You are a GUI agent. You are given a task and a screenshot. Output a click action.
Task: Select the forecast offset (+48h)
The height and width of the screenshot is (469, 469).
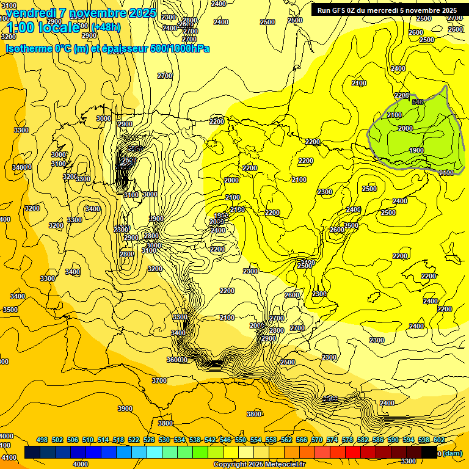106,27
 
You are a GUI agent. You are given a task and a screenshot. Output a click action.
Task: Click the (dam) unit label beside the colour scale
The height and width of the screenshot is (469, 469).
452,454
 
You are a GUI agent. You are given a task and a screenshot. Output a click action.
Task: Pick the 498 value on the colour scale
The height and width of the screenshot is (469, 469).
42,440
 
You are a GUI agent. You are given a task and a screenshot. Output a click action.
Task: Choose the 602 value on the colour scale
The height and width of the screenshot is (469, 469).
439,440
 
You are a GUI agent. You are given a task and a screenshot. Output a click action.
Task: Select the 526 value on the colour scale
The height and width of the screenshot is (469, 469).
149,440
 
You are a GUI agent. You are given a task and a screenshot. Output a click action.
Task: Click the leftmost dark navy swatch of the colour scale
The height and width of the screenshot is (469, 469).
32,453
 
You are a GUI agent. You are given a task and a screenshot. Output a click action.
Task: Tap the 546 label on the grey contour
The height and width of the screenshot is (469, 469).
418,102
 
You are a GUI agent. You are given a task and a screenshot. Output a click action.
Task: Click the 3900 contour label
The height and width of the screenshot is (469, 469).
125,409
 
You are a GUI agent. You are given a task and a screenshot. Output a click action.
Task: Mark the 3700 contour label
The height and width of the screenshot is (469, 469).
159,380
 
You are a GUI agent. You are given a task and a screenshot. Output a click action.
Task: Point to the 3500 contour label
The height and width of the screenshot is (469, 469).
10,310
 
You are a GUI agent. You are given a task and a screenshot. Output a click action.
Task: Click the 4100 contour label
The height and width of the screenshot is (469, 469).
9,457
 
